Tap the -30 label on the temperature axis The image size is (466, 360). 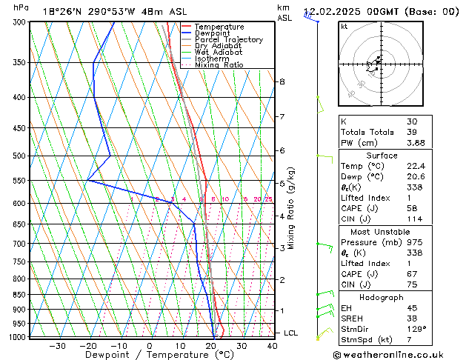57,346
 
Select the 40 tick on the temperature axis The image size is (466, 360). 272,346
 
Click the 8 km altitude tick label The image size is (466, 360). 282,81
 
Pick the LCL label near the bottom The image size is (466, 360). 290,333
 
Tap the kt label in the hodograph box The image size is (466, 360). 344,27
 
